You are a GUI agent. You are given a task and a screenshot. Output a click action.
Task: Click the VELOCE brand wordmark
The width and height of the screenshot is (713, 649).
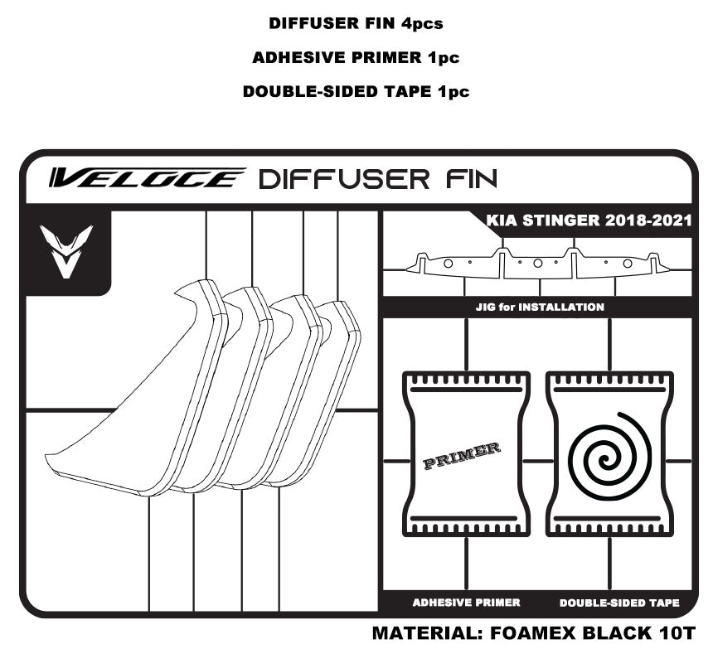(147, 177)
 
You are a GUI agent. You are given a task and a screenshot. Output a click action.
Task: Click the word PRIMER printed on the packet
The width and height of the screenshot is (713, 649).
(462, 456)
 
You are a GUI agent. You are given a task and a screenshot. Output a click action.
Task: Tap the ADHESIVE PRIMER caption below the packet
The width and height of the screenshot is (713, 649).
(466, 603)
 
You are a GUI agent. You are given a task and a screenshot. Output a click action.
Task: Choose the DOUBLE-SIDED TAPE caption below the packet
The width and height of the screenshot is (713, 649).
(619, 603)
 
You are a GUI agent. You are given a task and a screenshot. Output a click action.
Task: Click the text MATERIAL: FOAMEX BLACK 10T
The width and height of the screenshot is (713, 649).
(532, 632)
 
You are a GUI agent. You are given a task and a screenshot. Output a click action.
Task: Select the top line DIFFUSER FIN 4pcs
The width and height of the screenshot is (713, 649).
(356, 23)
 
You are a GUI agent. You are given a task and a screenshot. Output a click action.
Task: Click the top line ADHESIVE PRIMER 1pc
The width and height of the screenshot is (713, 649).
(356, 58)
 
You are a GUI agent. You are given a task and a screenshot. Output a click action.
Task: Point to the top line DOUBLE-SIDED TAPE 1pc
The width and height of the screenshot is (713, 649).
(356, 92)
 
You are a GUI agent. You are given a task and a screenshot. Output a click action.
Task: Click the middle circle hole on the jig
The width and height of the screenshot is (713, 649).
(537, 263)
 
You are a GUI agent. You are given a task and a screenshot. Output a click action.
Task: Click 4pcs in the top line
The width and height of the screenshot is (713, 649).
(423, 23)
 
